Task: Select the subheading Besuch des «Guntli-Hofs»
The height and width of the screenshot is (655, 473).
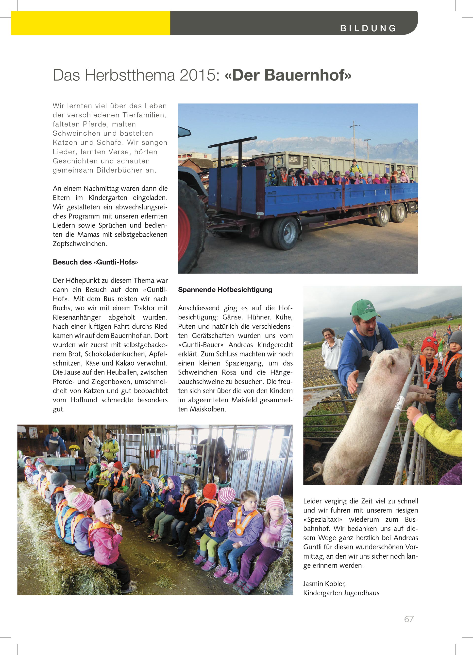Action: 95,262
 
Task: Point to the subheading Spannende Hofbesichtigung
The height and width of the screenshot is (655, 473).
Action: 225,290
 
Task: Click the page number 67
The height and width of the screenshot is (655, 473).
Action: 409,619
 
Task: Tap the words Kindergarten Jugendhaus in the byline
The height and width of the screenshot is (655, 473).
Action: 341,593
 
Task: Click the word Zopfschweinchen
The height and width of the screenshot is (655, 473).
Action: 80,244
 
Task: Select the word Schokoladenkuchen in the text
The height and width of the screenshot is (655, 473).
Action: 116,354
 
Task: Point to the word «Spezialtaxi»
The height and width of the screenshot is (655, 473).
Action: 322,520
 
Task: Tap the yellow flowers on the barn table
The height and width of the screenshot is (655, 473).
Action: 74,448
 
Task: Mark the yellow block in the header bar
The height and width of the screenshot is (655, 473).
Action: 91,23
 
